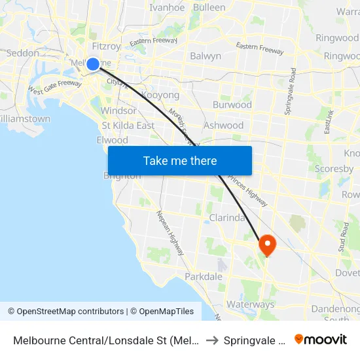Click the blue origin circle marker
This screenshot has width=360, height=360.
click(93, 63)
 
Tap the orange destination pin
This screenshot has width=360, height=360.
click(267, 244)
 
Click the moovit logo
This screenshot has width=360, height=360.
click(321, 339)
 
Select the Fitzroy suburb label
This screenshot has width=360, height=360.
click(107, 46)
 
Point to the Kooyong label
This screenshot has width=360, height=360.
click(160, 95)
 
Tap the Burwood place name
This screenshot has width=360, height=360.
click(232, 105)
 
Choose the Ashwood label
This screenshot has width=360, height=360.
click(224, 125)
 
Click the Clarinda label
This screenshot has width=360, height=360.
click(226, 217)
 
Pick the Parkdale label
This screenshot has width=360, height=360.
click(204, 277)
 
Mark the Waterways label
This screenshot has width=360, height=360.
click(250, 304)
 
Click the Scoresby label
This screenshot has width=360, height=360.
click(334, 168)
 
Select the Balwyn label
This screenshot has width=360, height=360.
click(206, 56)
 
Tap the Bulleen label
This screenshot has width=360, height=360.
click(209, 8)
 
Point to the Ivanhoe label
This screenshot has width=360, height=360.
click(167, 8)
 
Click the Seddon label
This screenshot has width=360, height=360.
click(23, 52)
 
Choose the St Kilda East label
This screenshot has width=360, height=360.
click(128, 126)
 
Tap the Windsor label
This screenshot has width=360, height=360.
click(118, 111)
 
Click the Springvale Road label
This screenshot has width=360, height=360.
click(289, 92)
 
